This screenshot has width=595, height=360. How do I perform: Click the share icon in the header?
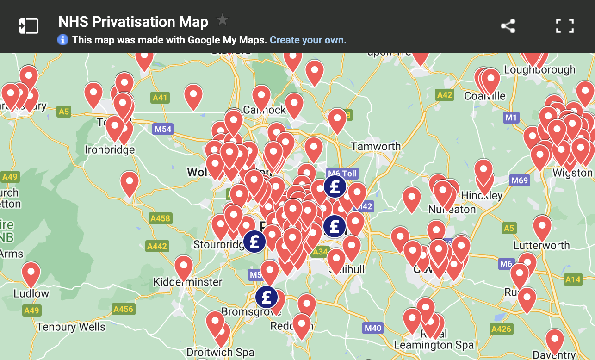coord(508,26)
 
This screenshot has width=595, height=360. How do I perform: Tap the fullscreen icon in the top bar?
coord(564,26)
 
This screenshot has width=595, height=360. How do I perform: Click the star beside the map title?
coord(223,20)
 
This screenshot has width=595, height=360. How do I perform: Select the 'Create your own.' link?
coord(308,40)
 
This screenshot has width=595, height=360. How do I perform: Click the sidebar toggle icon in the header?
coord(29,26)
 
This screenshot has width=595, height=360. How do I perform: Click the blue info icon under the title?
coord(63,40)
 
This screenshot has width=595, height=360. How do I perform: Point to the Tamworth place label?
coord(376,147)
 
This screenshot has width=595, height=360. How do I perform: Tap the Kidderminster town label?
coord(187,282)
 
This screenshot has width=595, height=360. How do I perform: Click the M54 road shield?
coord(163,129)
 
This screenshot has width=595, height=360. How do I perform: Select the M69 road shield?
coord(519,180)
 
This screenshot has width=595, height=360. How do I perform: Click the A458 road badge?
coord(160,218)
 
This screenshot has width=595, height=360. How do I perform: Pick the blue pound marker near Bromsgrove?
coord(267,298)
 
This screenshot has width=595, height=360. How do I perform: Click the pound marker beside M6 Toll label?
coord(335,186)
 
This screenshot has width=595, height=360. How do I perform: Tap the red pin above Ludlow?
coord(31,273)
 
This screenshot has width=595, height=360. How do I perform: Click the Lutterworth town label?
coord(541,245)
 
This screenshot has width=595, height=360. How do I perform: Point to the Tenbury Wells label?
coord(71,327)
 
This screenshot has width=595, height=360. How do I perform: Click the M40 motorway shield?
coord(372,329)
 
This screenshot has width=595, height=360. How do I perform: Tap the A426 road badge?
coord(501,329)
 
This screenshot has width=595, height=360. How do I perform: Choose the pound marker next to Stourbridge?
coord(254,241)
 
